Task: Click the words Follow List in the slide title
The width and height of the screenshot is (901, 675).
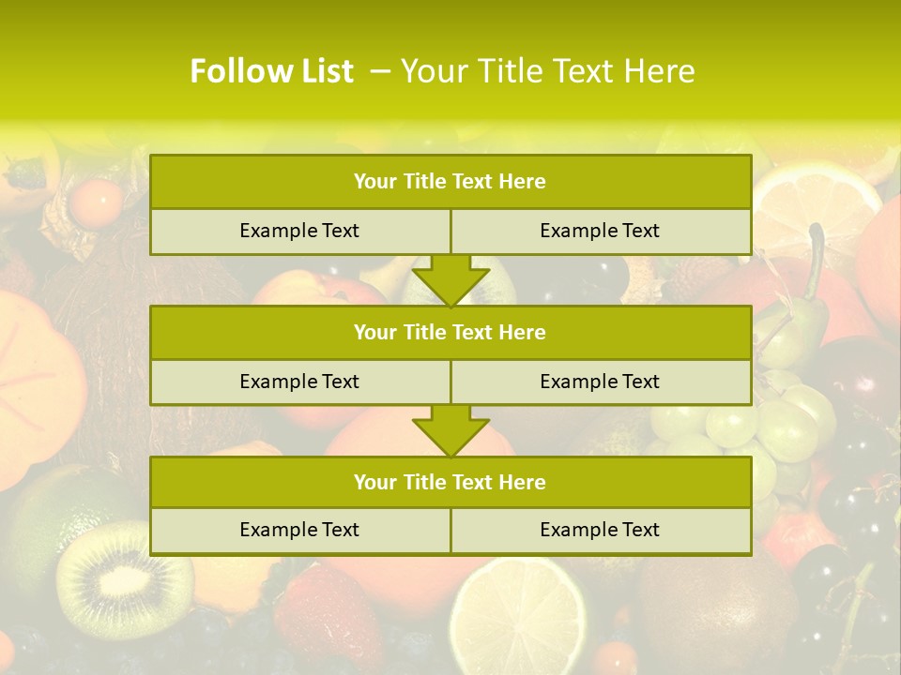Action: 271,71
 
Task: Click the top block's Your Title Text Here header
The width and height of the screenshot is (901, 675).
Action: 450,182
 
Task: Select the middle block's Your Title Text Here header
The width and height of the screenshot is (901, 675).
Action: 450,332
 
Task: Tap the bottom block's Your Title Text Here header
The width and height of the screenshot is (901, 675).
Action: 450,482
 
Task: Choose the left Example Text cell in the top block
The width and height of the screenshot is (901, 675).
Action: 299,231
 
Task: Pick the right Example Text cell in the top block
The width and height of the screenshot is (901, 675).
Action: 600,231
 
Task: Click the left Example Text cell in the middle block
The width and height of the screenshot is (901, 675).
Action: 299,382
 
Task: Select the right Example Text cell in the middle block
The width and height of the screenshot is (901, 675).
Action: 600,382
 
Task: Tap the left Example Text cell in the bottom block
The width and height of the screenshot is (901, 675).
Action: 299,530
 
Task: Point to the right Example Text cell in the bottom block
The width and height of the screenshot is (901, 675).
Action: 600,530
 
